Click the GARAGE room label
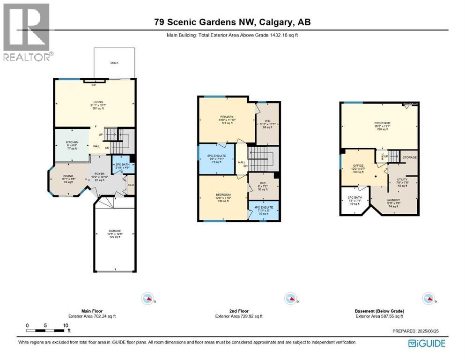[114, 231]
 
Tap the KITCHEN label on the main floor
[72, 142]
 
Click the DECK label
[114, 63]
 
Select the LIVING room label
[97, 101]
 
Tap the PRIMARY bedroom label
[227, 117]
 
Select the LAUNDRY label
[393, 200]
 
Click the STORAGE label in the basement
[410, 157]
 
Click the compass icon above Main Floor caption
[148, 298]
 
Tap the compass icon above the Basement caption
[427, 298]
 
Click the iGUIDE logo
[427, 344]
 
